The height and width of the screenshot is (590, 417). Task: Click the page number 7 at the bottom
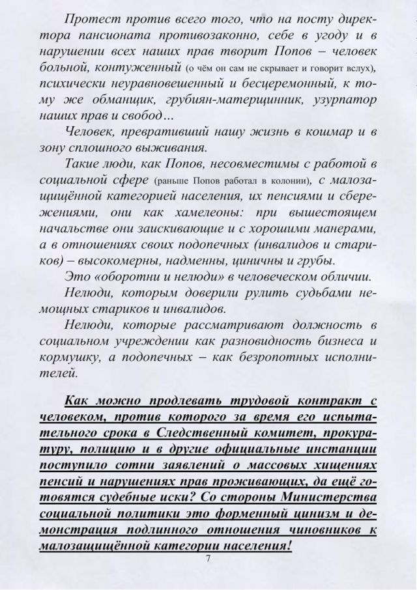point(208,559)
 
